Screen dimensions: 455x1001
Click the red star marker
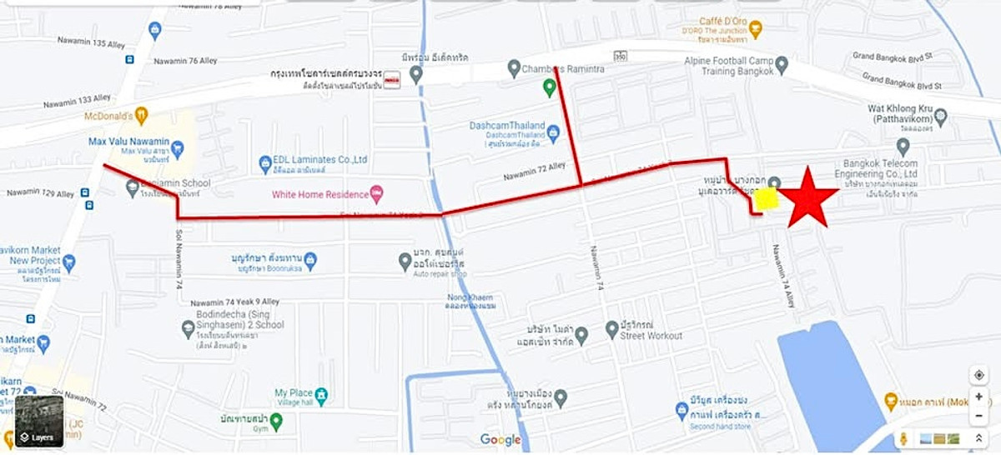pyautogui.click(x=807, y=197)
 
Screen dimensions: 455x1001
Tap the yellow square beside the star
pyautogui.click(x=767, y=198)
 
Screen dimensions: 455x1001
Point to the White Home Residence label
pyautogui.click(x=319, y=194)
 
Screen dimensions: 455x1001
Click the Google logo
pyautogui.click(x=500, y=440)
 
